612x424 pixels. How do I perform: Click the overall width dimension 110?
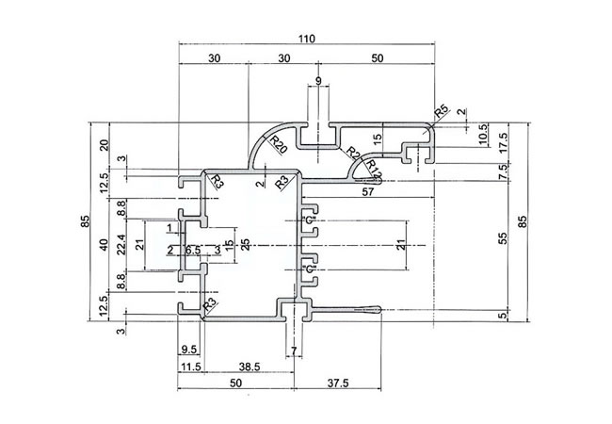(306, 39)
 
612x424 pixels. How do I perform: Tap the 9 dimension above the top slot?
(319, 82)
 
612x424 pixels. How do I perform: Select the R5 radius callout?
(441, 114)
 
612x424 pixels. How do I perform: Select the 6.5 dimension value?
(192, 250)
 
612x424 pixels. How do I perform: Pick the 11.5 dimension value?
(191, 367)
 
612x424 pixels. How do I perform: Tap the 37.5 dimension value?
(339, 383)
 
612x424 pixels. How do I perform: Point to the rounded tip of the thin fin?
(378, 309)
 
